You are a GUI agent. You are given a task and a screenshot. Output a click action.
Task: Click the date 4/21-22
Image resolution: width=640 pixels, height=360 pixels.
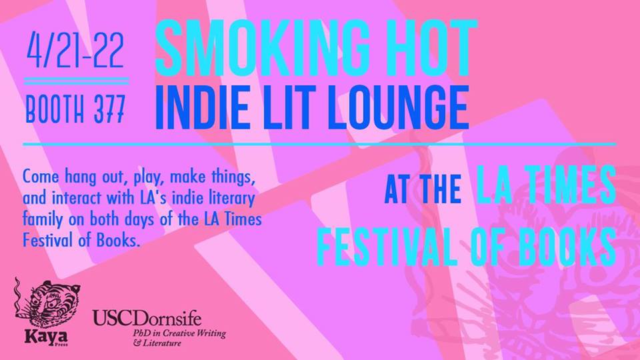75,51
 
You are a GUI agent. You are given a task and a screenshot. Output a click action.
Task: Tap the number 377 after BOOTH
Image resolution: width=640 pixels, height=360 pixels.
109,109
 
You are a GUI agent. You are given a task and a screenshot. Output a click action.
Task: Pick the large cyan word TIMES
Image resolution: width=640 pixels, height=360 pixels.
569,185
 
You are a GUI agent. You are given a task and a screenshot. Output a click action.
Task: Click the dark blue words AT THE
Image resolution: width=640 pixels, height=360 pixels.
423,189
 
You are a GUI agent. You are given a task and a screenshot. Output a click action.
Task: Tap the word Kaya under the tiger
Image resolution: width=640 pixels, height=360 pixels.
46,337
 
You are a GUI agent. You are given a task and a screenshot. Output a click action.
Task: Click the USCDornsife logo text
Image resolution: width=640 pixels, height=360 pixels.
147,318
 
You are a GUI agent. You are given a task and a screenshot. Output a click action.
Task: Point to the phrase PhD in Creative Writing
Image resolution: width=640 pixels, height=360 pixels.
179,333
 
